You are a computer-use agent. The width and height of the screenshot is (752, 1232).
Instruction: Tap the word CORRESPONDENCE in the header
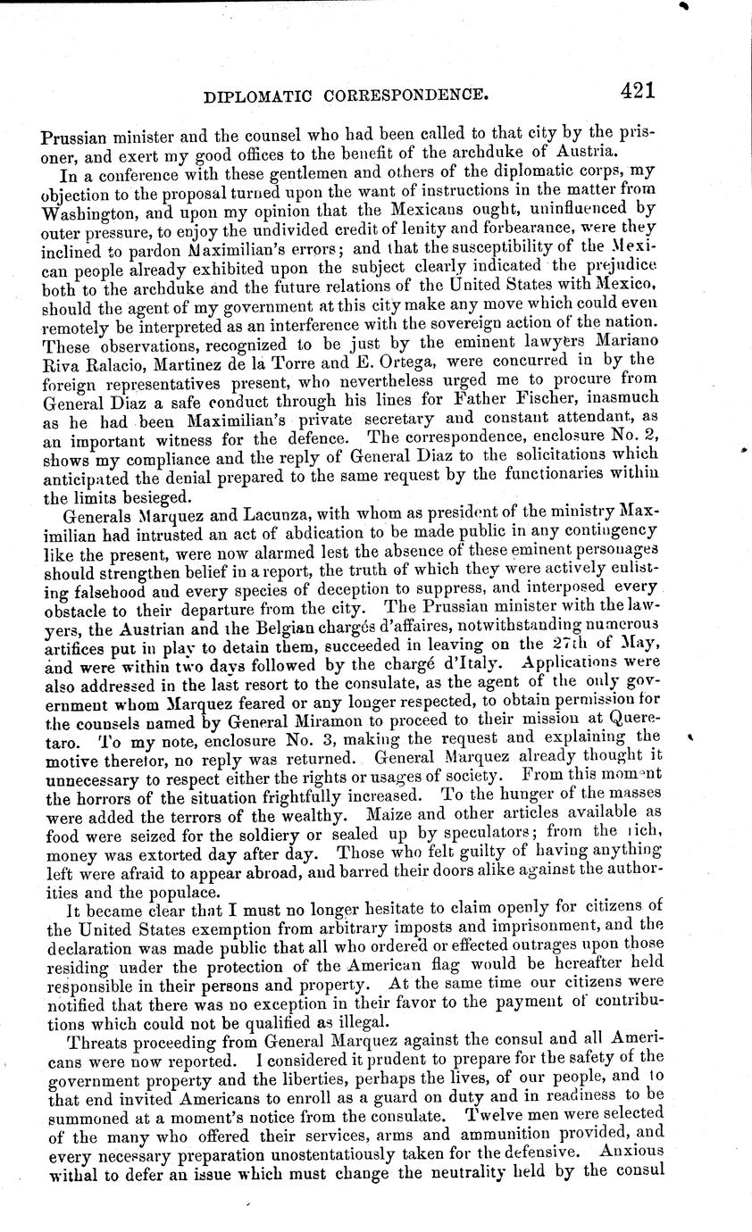(403, 93)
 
